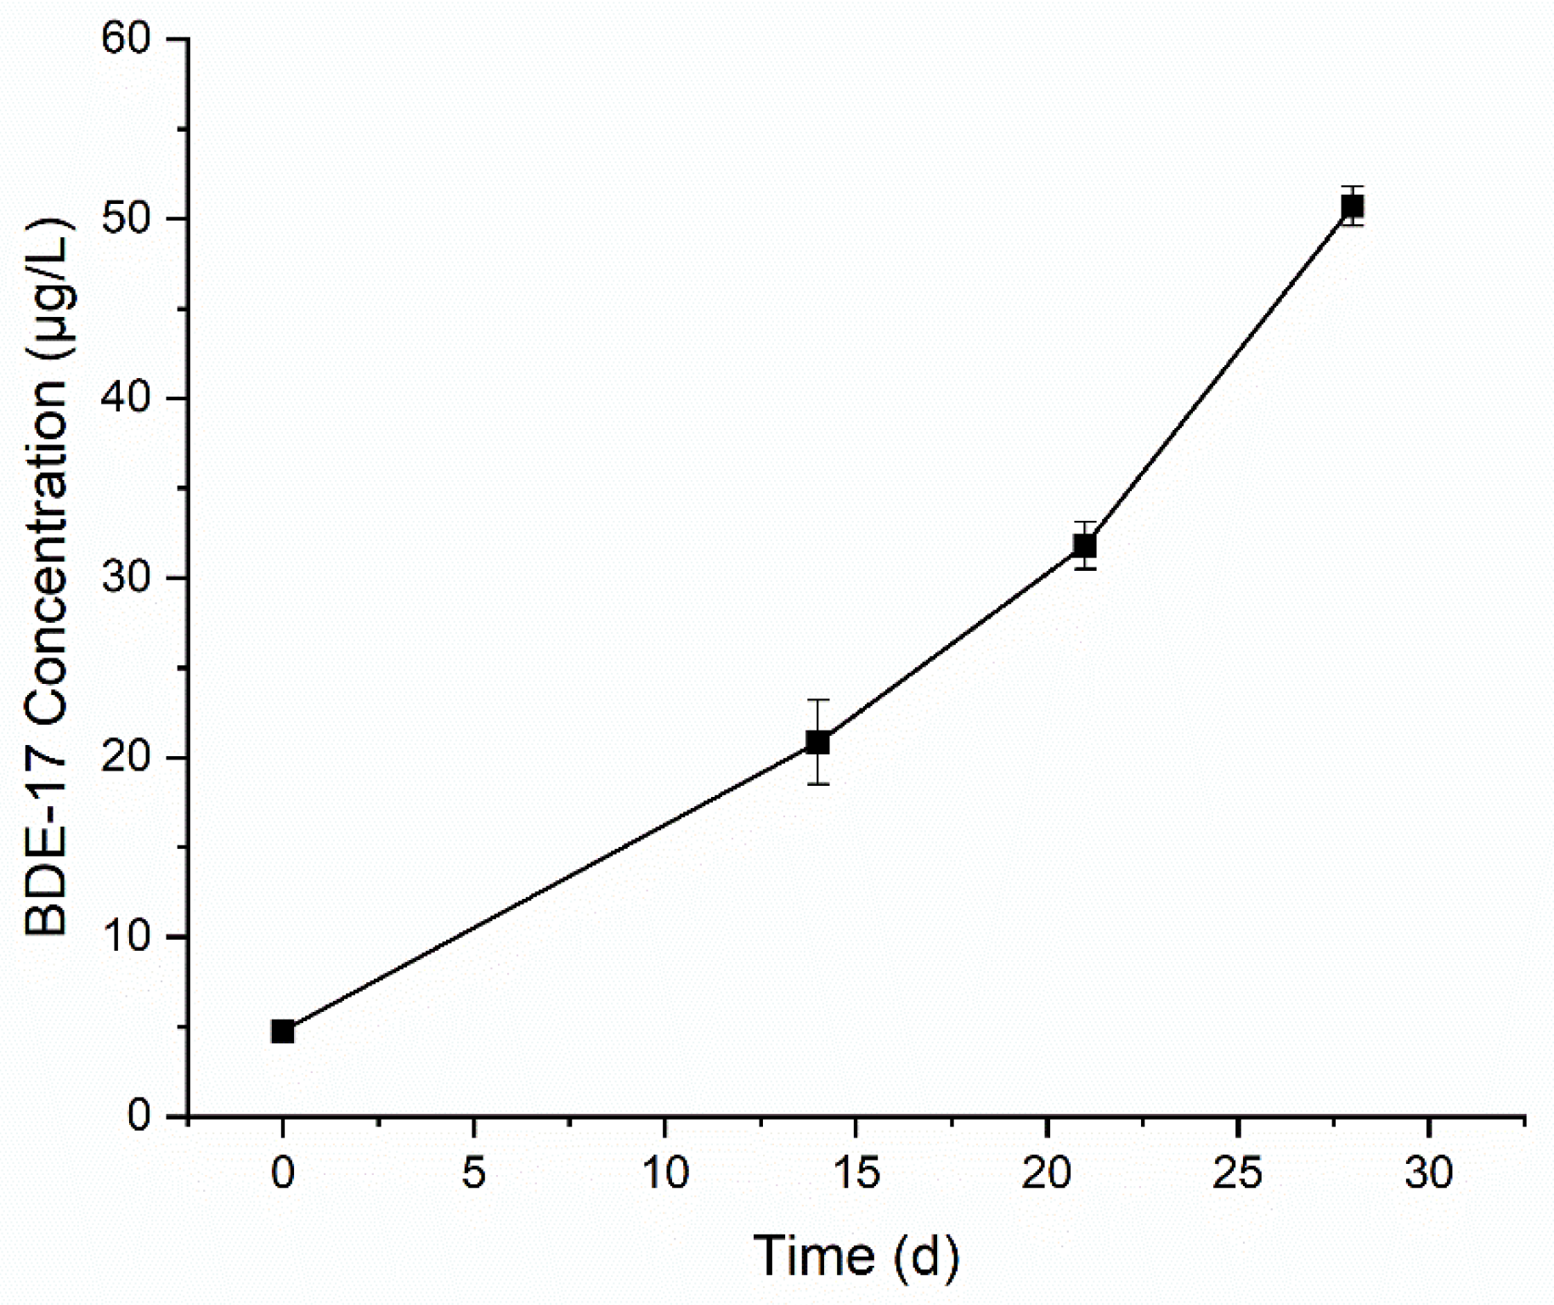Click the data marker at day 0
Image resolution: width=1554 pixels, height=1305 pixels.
point(283,1031)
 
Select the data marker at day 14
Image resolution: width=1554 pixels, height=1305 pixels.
point(817,743)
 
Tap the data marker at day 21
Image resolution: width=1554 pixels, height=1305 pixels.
point(1085,545)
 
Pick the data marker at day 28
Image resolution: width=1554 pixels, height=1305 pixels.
point(1353,206)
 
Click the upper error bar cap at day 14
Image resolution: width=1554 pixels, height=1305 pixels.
point(817,700)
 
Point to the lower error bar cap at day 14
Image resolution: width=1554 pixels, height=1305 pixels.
point(817,784)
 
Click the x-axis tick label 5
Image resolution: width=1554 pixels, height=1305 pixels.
point(474,1174)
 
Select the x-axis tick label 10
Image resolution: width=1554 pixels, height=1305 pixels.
point(665,1174)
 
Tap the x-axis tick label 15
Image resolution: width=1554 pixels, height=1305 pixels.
point(856,1174)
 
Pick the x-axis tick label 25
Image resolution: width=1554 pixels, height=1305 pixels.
point(1239,1174)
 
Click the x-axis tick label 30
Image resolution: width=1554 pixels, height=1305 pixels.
point(1430,1174)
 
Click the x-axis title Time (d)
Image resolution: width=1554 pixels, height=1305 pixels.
point(856,1255)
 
